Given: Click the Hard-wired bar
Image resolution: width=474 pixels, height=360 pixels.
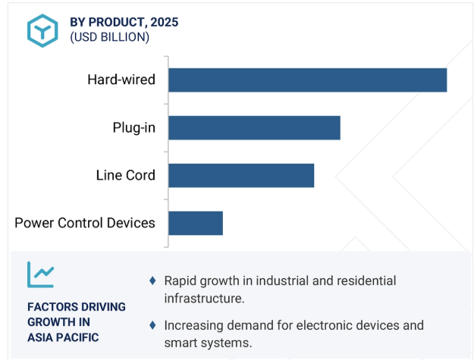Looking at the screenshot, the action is [308, 80].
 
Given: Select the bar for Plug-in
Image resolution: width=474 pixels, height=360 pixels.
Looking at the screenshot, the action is [255, 128].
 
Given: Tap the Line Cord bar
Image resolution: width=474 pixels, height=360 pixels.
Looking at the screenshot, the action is [241, 176].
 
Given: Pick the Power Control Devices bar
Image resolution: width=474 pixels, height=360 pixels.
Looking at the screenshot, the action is [196, 223].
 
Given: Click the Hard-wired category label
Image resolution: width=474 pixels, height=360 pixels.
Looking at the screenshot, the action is [121, 80].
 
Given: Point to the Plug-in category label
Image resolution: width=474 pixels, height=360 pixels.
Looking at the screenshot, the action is [134, 128].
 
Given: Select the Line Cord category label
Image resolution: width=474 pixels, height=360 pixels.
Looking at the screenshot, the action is [125, 175].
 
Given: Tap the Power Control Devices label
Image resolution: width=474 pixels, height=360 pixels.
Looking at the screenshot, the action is [85, 223].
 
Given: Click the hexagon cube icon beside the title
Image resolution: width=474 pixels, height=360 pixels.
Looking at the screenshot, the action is [42, 30].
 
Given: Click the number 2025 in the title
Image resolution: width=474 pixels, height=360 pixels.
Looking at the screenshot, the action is [164, 22].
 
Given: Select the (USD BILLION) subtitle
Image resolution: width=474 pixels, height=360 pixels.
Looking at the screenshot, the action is [109, 37].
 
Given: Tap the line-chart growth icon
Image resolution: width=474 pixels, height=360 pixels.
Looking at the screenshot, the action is [40, 274].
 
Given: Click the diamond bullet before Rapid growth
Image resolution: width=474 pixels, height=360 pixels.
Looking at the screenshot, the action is [152, 280].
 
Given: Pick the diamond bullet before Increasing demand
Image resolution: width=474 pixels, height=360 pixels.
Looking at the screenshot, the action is [152, 325].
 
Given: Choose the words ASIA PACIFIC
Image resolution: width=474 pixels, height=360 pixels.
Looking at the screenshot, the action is [63, 337].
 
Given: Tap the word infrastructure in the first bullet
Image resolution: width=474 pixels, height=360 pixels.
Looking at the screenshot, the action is [204, 299].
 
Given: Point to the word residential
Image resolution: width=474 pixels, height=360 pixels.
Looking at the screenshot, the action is [366, 280].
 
